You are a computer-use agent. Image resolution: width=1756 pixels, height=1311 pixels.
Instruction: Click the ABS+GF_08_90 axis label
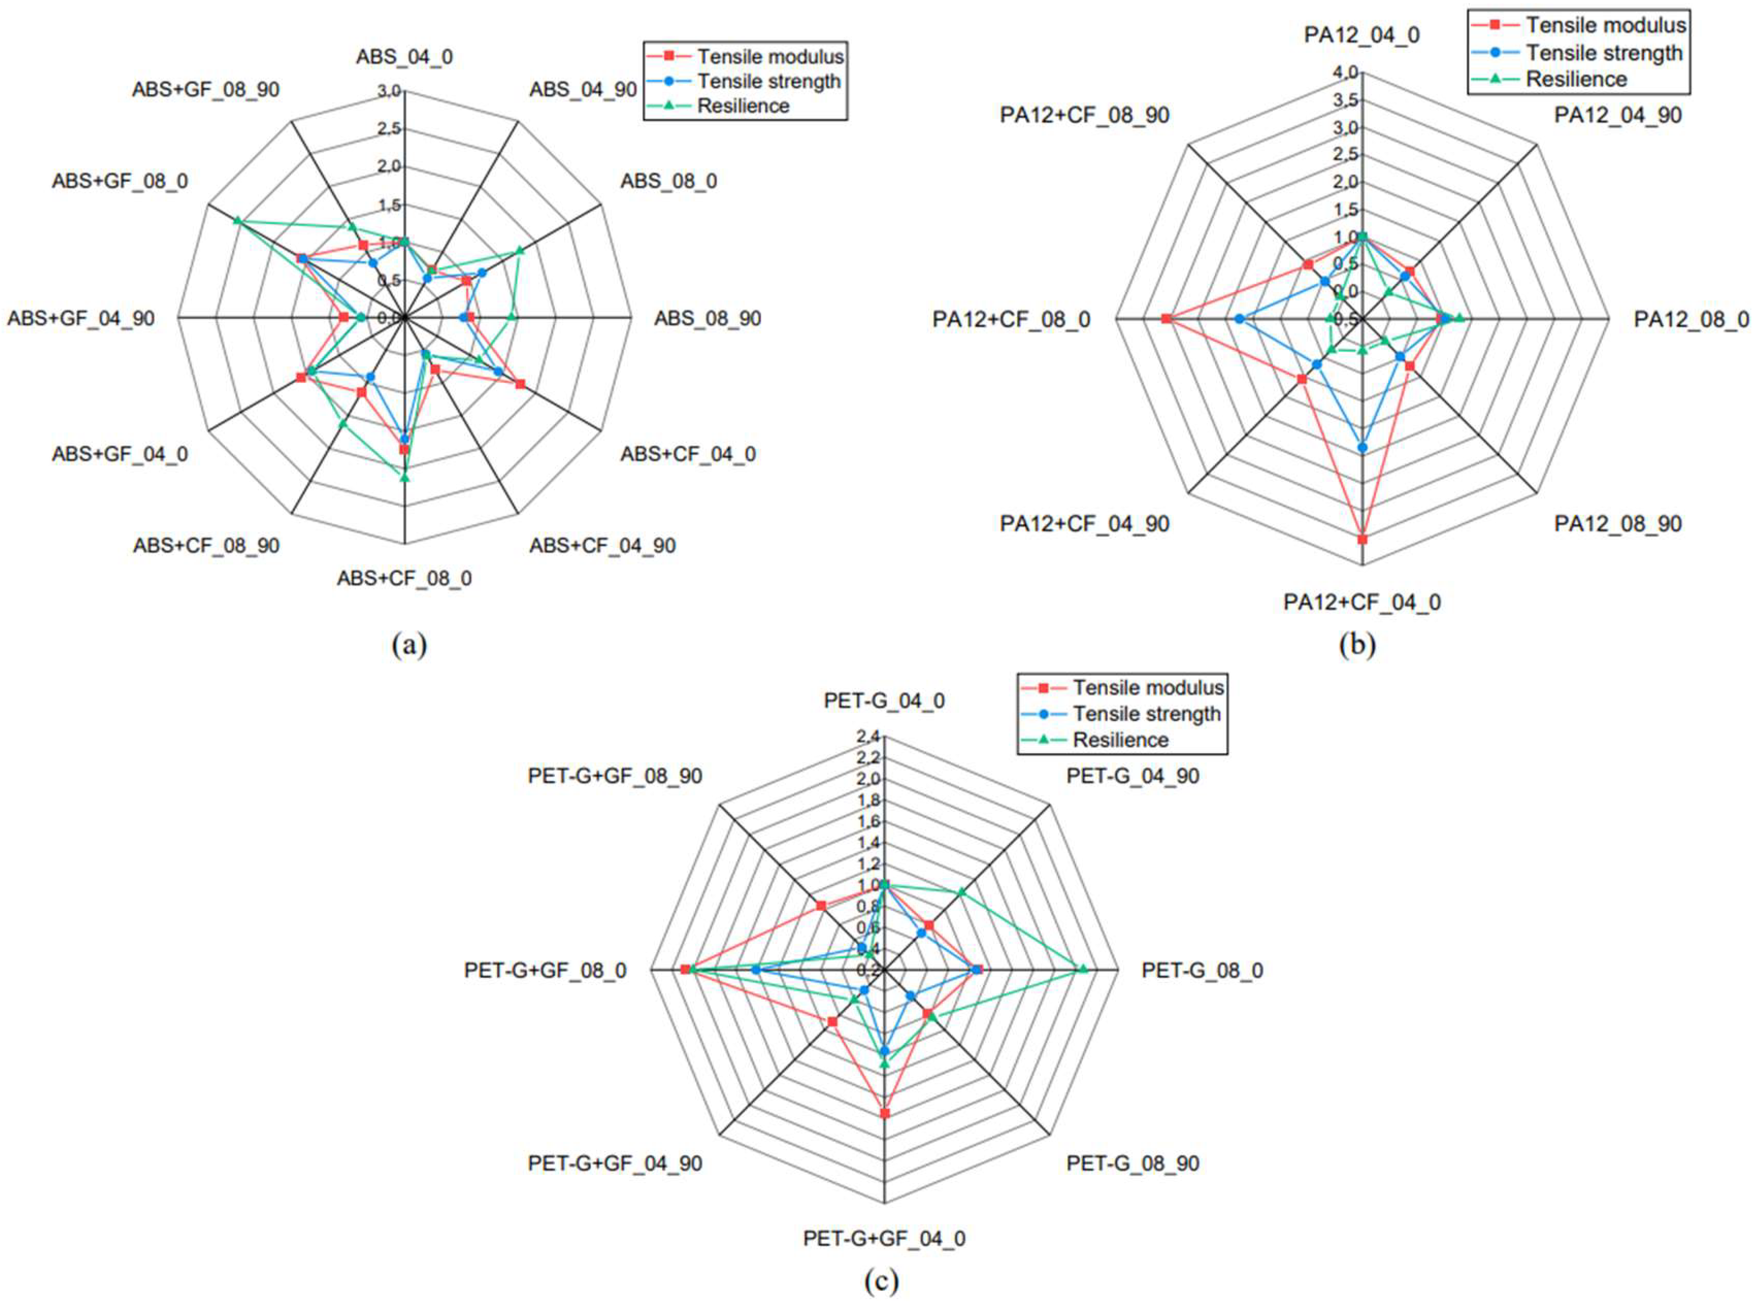point(206,90)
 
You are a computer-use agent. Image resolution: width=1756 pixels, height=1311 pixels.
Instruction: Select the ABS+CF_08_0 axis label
point(404,578)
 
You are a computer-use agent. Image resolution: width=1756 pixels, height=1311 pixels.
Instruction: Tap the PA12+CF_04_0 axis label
point(1361,602)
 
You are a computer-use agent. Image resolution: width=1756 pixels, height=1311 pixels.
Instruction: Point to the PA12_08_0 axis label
point(1691,319)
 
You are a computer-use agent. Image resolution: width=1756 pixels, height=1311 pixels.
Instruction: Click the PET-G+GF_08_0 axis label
point(546,970)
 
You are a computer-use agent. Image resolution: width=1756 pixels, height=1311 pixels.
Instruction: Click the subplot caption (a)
point(409,644)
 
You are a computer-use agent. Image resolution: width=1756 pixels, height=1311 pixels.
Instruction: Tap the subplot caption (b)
point(1357,644)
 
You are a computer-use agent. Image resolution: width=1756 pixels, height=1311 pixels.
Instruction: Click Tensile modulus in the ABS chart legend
point(770,56)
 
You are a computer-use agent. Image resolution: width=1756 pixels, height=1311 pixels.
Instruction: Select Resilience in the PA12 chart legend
point(1576,79)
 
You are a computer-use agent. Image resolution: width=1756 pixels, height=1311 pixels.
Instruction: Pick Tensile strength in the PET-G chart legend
point(1146,713)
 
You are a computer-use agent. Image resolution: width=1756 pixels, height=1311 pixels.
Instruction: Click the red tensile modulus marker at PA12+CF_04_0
point(1362,540)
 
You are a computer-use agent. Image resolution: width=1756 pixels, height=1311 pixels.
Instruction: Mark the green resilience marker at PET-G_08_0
point(1083,967)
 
